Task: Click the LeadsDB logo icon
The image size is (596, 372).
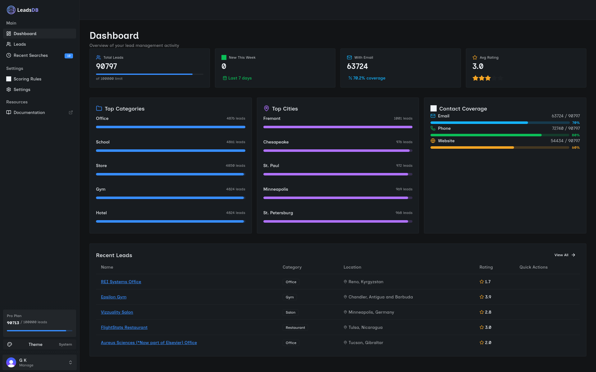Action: click(11, 10)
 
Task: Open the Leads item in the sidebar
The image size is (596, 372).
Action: click(20, 44)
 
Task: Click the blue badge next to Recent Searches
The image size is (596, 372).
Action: click(69, 56)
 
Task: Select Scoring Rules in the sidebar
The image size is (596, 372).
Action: click(27, 79)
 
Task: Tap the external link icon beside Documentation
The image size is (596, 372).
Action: click(71, 112)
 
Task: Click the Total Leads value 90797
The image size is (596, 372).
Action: click(107, 66)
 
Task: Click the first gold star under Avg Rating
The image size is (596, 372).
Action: click(475, 78)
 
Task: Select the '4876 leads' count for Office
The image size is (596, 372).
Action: click(236, 118)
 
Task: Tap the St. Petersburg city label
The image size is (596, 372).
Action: click(278, 213)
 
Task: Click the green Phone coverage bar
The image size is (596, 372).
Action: click(486, 135)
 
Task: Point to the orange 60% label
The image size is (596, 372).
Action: click(576, 147)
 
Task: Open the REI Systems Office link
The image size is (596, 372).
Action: click(121, 282)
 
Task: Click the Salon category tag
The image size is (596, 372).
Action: click(290, 312)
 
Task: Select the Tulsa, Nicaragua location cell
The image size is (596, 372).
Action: click(365, 327)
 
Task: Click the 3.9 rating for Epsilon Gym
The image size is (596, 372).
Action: click(488, 297)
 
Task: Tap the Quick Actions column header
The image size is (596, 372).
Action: click(533, 267)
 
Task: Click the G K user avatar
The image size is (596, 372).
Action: click(11, 362)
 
